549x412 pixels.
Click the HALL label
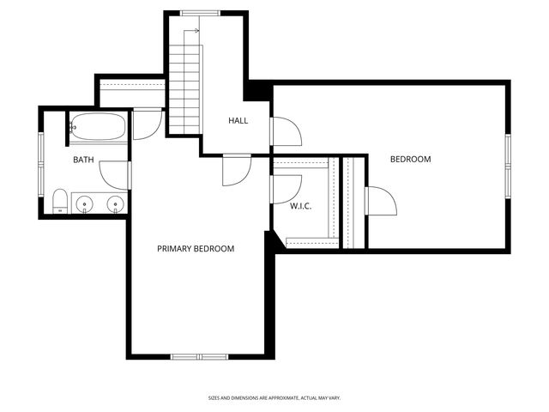coord(238,121)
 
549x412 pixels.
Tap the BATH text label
coord(83,160)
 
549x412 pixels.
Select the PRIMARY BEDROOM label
coord(196,249)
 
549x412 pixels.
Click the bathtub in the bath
coord(97,127)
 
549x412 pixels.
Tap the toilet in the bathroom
coord(60,203)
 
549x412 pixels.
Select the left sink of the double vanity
coord(84,204)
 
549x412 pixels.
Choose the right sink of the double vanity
coord(114,204)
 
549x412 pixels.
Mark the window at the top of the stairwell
coord(198,12)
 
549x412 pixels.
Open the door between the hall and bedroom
coord(285,131)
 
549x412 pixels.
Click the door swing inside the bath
coord(115,174)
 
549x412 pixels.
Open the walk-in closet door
coord(286,188)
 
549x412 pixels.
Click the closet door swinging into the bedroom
coord(380,203)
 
